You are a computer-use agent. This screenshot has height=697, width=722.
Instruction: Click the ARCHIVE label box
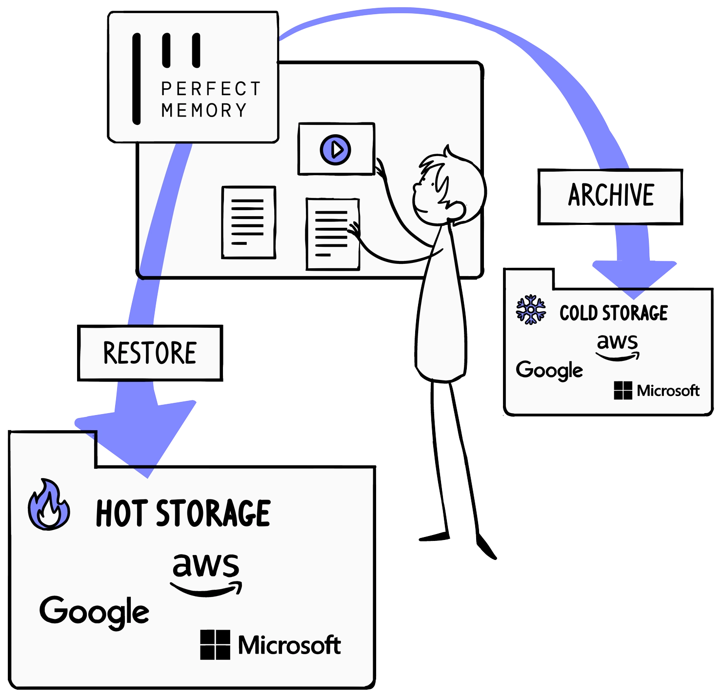point(610,196)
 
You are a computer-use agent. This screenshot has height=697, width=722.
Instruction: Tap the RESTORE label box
point(150,353)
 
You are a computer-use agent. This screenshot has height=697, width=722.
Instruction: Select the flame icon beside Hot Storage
point(48,505)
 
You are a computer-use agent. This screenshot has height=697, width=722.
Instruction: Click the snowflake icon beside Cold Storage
point(531,310)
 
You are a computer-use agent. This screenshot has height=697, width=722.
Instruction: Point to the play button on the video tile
point(336,149)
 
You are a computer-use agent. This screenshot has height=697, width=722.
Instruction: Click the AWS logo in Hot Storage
point(206,573)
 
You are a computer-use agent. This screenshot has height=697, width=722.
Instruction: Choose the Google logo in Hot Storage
point(94,612)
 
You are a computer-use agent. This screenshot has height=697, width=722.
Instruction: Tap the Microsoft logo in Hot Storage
point(270,645)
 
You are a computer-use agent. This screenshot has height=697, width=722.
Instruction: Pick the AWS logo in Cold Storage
point(618,347)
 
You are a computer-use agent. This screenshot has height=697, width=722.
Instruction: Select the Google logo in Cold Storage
point(549,370)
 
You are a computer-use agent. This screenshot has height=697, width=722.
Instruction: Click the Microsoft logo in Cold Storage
point(657,391)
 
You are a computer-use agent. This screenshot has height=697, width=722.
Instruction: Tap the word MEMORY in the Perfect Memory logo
point(204,111)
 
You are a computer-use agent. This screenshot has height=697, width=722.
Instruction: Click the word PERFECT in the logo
point(211,89)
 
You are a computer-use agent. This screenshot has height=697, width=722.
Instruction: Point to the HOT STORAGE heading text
point(183,513)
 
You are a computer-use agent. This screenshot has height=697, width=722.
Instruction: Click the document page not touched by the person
point(248,222)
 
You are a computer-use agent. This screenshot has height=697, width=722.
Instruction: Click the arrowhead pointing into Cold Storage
point(634,278)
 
